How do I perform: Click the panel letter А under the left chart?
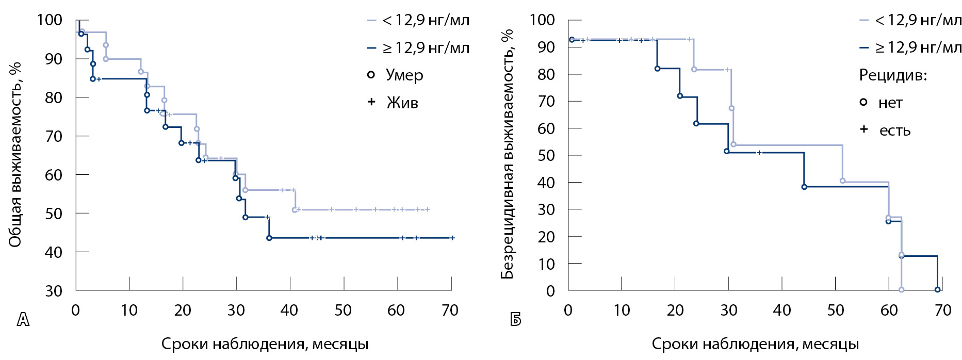pos(23,320)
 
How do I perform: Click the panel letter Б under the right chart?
pos(515,320)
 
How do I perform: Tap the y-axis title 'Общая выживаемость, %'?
pos(15,155)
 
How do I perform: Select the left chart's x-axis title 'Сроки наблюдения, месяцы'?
pos(265,344)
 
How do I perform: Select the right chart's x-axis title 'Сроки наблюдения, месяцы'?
pos(755,344)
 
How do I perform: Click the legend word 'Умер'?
pos(404,75)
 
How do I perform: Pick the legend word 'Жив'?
pos(402,103)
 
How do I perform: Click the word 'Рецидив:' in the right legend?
pos(893,75)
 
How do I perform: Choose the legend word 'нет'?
pos(890,103)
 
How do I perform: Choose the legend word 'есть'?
pos(895,130)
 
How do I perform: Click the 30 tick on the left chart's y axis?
pos(54,291)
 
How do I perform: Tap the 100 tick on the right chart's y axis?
pos(542,21)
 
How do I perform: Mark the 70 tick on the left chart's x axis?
pos(450,310)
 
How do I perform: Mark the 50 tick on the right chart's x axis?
pos(836,310)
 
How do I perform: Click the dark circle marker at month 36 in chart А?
pos(269,238)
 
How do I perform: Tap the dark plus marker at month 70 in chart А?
pos(452,238)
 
